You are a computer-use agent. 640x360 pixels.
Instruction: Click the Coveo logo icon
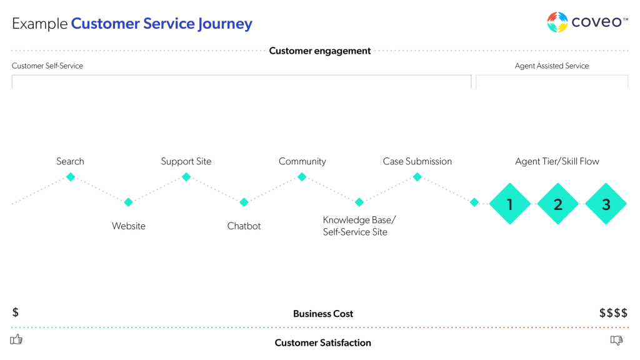(x=557, y=22)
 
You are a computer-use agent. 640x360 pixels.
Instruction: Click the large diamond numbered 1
(x=510, y=204)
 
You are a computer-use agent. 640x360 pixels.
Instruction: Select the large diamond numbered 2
(x=558, y=204)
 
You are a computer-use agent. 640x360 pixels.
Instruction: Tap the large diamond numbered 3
(x=606, y=204)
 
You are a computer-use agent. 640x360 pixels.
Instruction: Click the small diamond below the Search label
(x=71, y=177)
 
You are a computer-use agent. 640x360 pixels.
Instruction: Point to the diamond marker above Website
(x=128, y=202)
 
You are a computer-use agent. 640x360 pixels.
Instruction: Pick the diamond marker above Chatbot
(x=244, y=202)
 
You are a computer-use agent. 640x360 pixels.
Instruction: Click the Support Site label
(x=186, y=161)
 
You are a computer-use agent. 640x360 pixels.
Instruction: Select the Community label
(x=302, y=161)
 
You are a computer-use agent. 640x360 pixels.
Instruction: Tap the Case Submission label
(x=417, y=161)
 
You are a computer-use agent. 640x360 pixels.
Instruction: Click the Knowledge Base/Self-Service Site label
(x=359, y=226)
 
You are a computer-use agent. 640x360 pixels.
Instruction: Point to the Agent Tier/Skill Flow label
(x=557, y=161)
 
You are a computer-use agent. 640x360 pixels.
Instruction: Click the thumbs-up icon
(x=17, y=339)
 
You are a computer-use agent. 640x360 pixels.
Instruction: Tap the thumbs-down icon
(x=616, y=340)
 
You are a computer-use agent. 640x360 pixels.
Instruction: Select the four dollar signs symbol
(x=613, y=313)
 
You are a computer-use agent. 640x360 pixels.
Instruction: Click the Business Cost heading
(x=322, y=314)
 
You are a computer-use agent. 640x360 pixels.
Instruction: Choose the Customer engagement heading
(x=320, y=51)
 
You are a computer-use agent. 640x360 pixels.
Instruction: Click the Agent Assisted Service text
(x=551, y=66)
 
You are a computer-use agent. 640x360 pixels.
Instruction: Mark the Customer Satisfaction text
(x=322, y=342)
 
